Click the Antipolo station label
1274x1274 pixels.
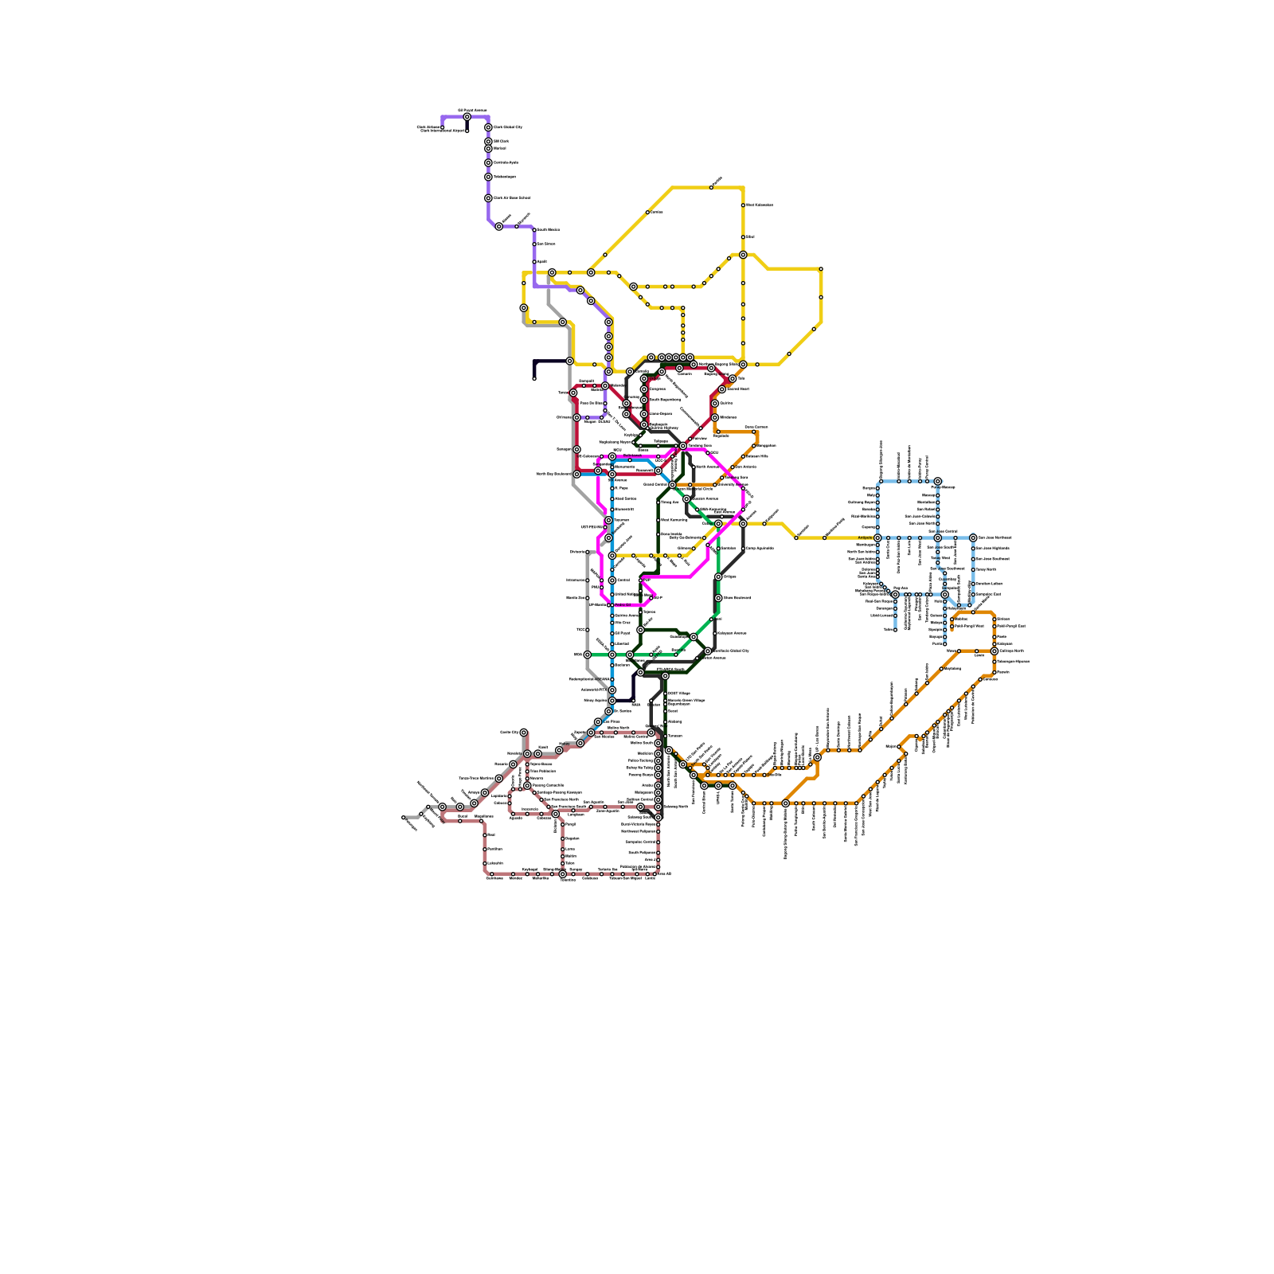865,537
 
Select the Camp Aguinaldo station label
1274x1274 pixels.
760,548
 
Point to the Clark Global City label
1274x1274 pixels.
507,127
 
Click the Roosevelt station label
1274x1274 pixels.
586,381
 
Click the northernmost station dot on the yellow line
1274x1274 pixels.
711,187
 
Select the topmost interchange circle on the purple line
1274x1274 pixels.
467,117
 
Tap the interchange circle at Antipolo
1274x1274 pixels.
877,537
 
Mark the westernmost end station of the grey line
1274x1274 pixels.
404,817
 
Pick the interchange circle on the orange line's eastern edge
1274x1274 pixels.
994,651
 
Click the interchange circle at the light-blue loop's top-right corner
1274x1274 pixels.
938,482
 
